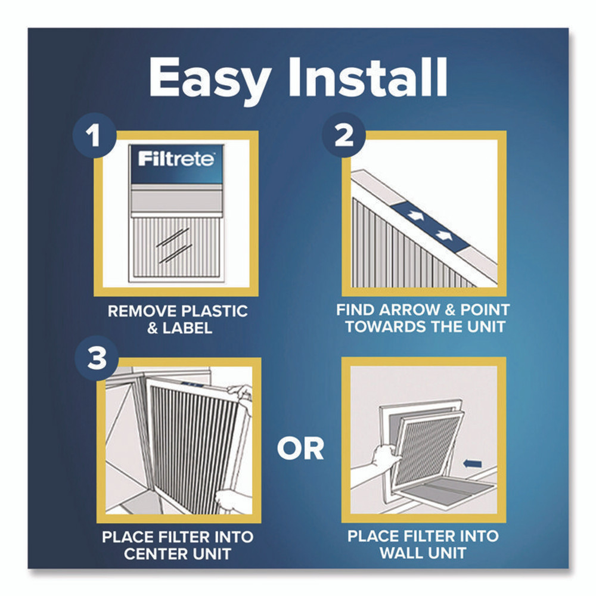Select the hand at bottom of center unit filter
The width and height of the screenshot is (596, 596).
pyautogui.click(x=229, y=500)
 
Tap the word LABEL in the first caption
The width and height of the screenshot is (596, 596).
pyautogui.click(x=190, y=328)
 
